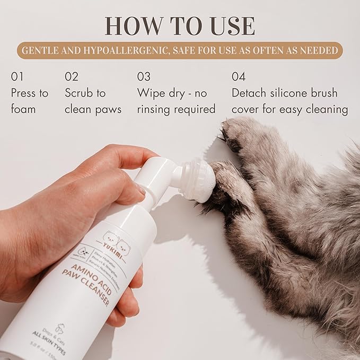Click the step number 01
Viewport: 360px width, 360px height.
tap(17, 77)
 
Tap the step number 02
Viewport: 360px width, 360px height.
tap(72, 77)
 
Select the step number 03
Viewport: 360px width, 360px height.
tap(144, 77)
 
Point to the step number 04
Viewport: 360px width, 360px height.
tap(239, 77)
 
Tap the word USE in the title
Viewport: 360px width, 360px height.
tap(230, 25)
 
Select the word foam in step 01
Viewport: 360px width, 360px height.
tap(23, 109)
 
